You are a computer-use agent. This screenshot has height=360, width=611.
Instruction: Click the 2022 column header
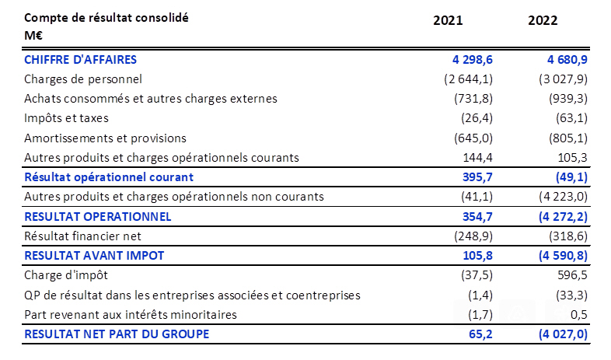(543, 21)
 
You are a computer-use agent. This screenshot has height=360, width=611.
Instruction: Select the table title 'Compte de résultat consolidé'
(106, 17)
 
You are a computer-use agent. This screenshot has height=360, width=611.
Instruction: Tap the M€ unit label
(33, 36)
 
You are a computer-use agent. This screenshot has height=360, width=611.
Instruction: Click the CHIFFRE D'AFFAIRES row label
(80, 59)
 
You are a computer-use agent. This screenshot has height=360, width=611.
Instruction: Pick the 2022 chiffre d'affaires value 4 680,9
(555, 59)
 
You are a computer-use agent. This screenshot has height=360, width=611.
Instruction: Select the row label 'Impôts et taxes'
(66, 118)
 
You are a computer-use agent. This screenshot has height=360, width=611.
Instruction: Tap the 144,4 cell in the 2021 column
(477, 158)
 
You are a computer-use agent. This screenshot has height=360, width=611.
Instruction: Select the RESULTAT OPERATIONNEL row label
(97, 216)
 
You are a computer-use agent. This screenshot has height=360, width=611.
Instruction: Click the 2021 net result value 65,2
(480, 334)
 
